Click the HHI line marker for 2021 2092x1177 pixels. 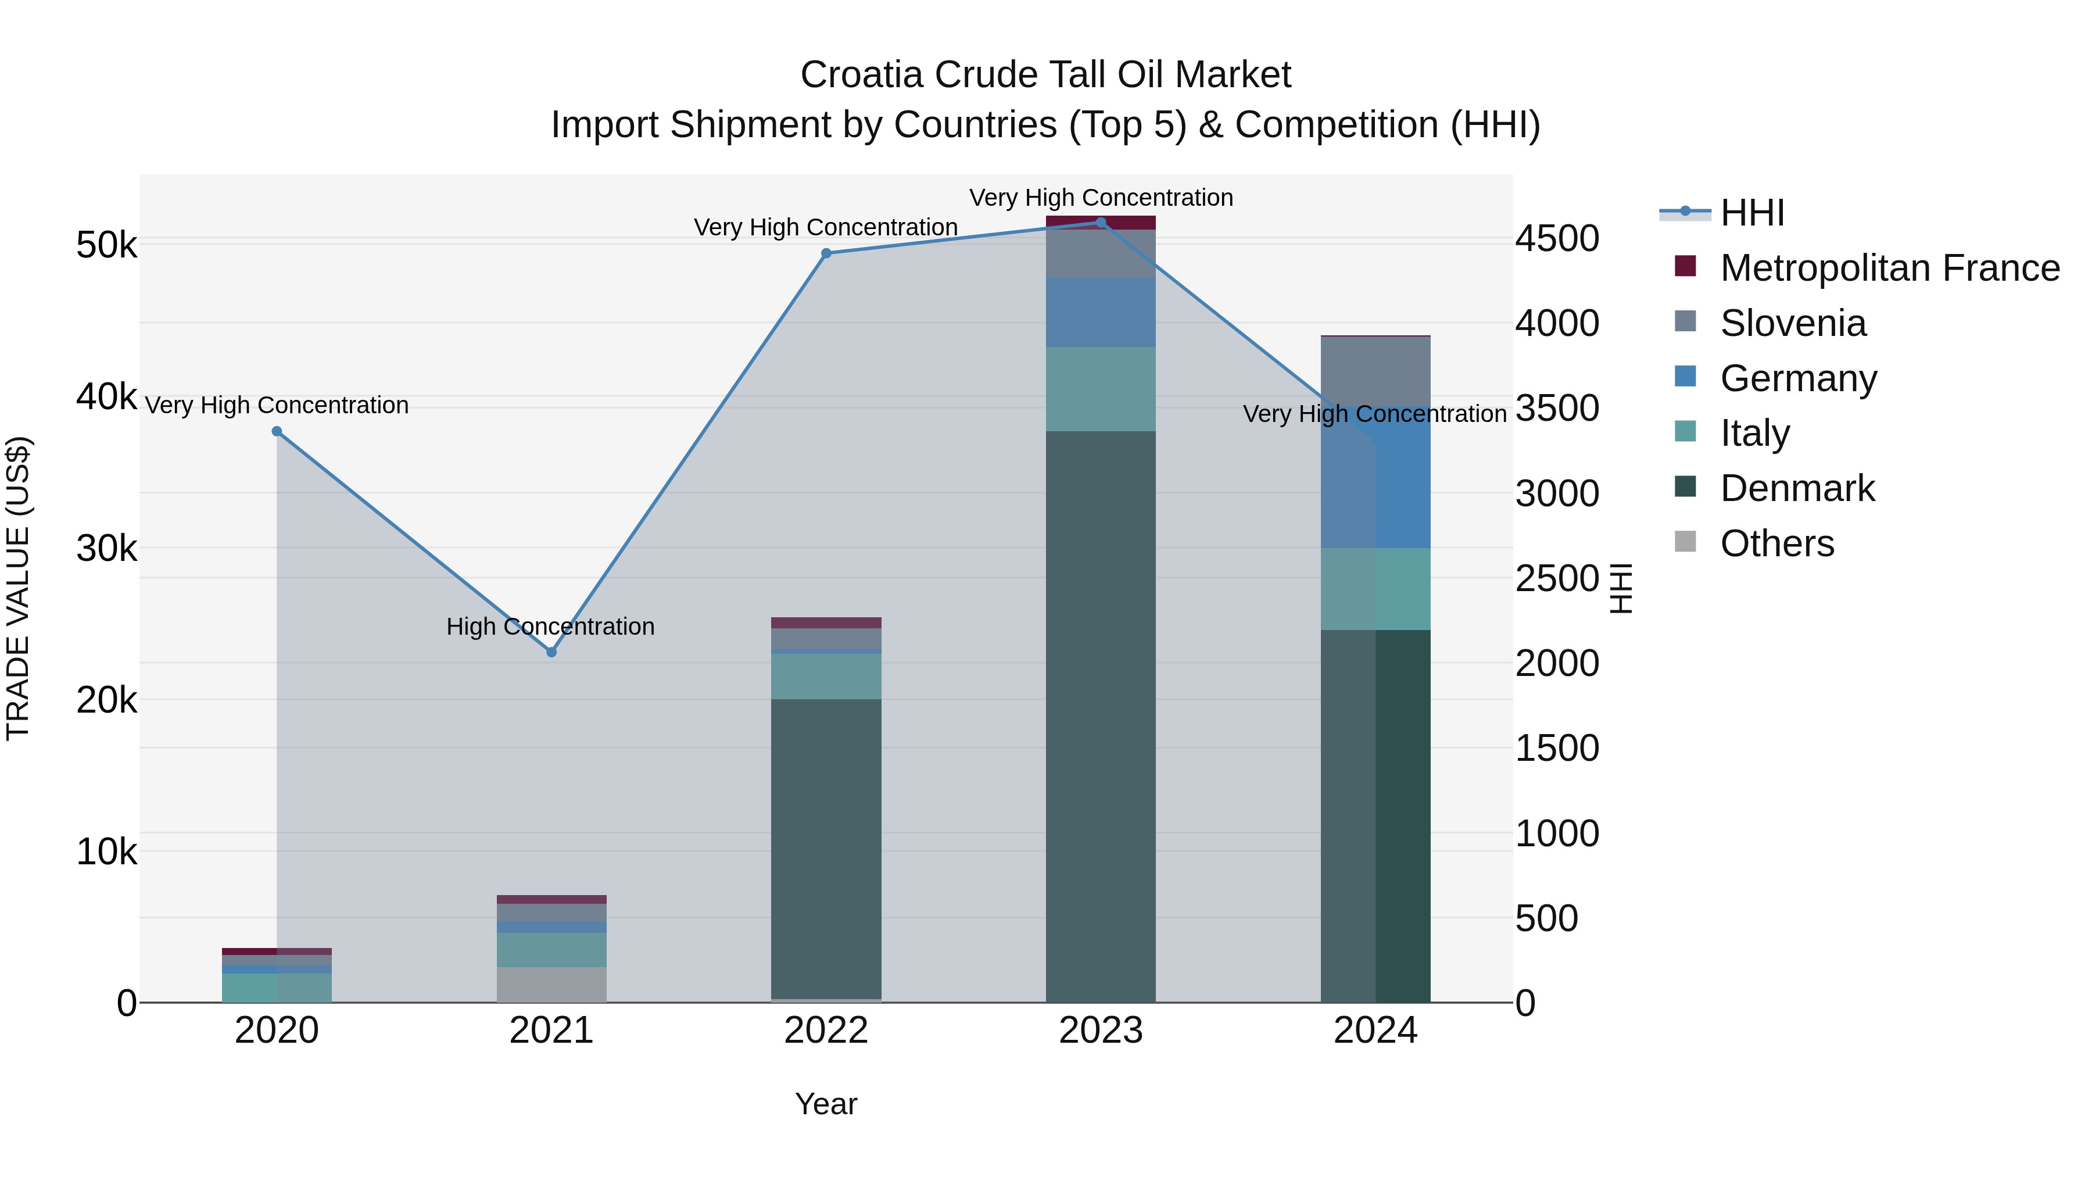click(551, 652)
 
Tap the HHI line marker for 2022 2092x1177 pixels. click(826, 253)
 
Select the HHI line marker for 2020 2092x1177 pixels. click(277, 431)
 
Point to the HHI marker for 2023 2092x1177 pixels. click(1101, 223)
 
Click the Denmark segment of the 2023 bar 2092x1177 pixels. click(1101, 715)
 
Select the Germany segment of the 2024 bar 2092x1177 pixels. click(1375, 480)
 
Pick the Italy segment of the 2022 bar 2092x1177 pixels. click(826, 676)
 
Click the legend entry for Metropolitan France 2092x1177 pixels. click(1889, 268)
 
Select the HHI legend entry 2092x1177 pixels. click(1751, 213)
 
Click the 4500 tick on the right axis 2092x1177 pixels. click(1557, 239)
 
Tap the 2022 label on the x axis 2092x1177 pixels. click(826, 1031)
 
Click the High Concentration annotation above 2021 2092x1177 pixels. click(551, 626)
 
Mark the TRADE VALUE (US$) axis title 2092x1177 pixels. click(18, 588)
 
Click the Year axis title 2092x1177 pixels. click(826, 1104)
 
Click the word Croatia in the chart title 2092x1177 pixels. click(862, 75)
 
